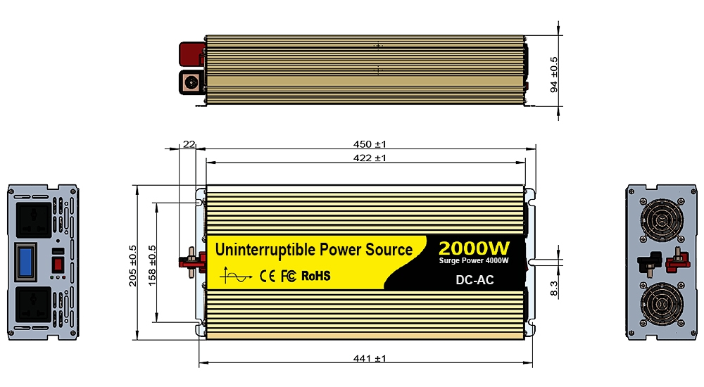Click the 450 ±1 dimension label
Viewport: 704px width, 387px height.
[x=370, y=144]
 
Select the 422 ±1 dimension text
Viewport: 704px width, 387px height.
[x=370, y=158]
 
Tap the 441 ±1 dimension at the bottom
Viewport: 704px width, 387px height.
[x=370, y=359]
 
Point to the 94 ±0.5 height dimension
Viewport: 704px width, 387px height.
[x=554, y=75]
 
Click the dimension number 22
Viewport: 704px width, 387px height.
[x=189, y=144]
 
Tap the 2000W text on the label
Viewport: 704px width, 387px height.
[x=474, y=248]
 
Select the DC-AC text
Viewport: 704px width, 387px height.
[x=475, y=280]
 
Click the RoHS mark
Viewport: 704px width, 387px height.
[x=315, y=276]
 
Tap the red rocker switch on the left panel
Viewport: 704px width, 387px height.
[x=60, y=264]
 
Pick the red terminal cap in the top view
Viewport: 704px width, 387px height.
[x=191, y=53]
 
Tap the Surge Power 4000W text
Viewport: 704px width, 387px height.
[x=474, y=262]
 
